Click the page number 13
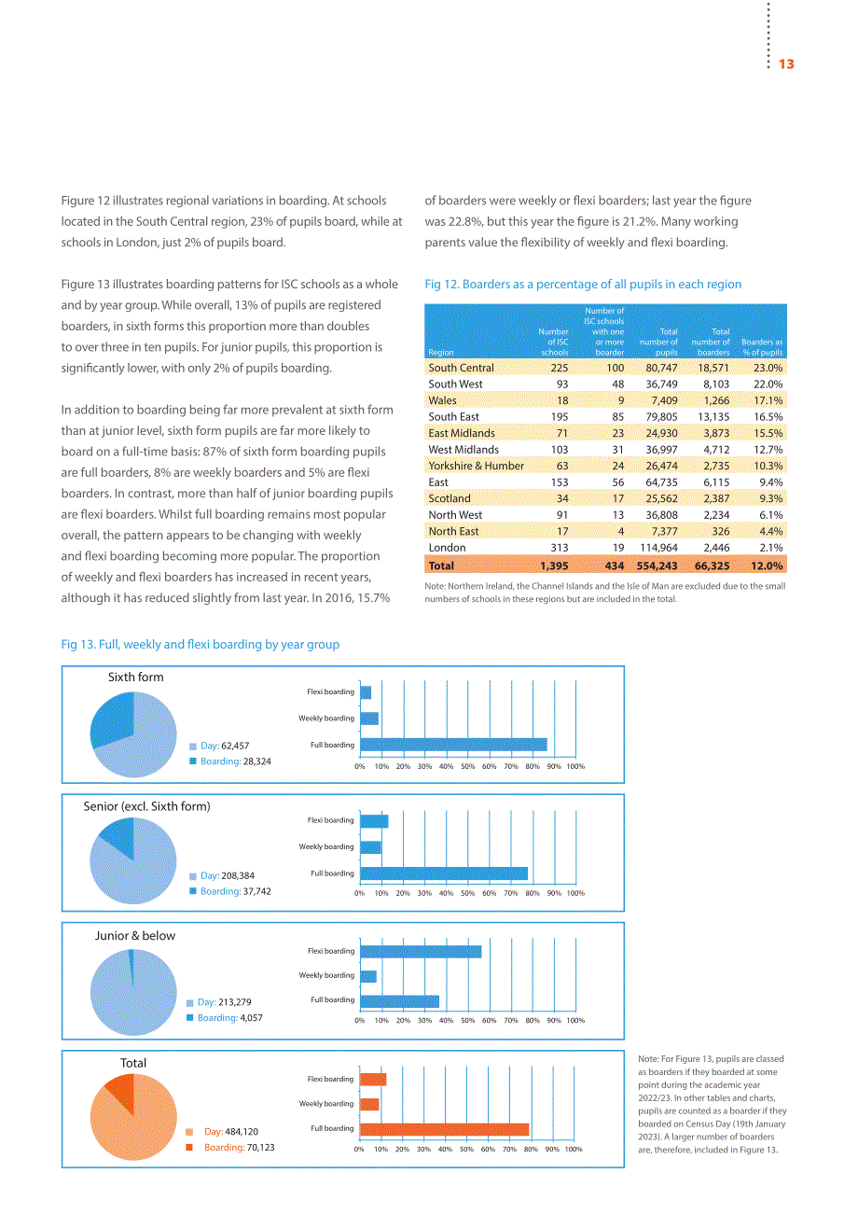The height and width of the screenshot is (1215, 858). tap(786, 64)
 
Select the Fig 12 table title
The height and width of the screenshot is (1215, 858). tap(583, 285)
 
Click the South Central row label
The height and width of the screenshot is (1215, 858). tap(461, 368)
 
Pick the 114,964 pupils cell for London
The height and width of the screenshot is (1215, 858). tap(658, 547)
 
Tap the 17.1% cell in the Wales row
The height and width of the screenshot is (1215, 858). tap(768, 400)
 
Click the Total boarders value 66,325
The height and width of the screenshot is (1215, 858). tap(712, 566)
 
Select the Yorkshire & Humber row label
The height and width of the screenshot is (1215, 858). tap(476, 466)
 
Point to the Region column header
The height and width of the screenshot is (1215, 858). tap(440, 352)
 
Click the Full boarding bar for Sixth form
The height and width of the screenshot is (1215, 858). tap(453, 745)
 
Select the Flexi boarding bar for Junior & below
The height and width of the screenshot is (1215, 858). tap(421, 952)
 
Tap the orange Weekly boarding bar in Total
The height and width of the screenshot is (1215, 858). tap(369, 1104)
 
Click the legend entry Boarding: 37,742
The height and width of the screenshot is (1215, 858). tap(229, 891)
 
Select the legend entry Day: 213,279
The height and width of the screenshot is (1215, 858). tap(218, 1002)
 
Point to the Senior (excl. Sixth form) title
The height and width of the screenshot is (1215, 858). tap(146, 806)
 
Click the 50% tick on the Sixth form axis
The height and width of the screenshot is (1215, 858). tap(468, 766)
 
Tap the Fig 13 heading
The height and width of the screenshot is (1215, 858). tap(200, 645)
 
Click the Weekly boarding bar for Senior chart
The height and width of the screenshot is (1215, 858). tap(370, 846)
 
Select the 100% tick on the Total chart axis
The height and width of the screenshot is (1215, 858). tap(574, 1149)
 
